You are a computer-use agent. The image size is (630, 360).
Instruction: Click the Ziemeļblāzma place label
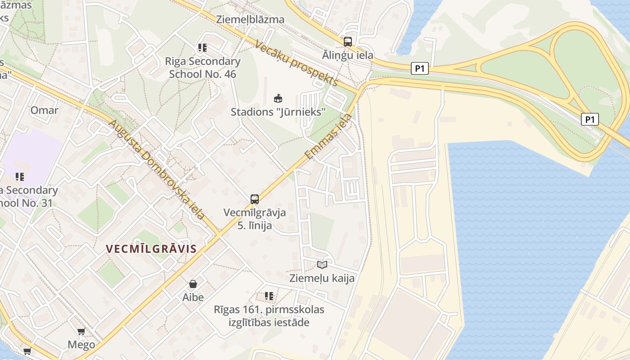pos(250,19)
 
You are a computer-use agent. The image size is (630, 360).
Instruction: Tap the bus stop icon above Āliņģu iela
pos(348,42)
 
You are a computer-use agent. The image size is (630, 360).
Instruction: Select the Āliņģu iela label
pos(348,55)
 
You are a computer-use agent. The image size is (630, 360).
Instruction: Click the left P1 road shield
pos(419,69)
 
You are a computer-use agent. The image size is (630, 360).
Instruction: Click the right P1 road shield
pos(590,119)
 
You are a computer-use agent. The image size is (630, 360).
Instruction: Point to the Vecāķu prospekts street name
pos(296,63)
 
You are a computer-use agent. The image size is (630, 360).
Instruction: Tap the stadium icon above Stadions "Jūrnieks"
pos(278,98)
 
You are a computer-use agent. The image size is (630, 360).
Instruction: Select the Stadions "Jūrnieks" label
pos(278,112)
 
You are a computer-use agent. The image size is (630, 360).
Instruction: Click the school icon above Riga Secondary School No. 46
pos(202,47)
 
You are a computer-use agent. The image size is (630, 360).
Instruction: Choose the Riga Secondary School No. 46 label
pos(202,67)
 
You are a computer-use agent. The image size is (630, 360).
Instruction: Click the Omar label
pos(44,110)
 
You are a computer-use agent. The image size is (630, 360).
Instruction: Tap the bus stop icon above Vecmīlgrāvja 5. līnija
pos(255,199)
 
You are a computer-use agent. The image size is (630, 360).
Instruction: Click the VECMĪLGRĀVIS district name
pos(151,249)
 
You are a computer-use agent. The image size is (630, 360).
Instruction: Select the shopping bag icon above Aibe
pos(193,284)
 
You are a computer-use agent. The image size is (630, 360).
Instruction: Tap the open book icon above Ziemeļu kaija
pos(322,265)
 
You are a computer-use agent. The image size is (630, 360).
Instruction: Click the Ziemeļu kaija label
pos(322,278)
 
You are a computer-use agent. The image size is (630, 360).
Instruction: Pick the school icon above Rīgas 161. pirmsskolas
pos(269,296)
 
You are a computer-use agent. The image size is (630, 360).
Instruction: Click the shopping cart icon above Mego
pos(81,332)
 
